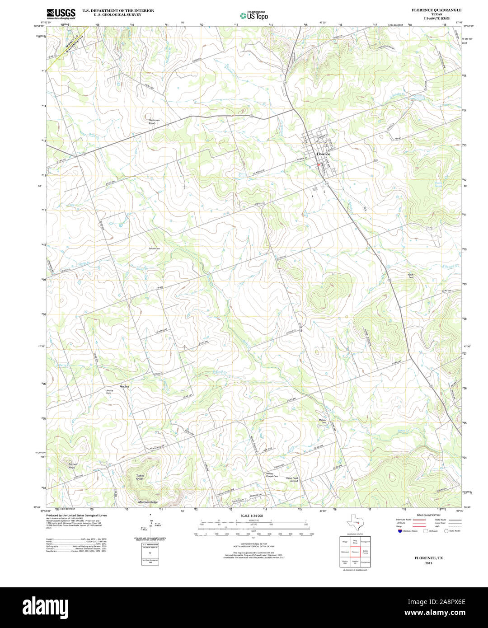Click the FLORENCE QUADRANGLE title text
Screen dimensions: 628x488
pyautogui.click(x=430, y=10)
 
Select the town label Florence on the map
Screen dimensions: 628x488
pyautogui.click(x=323, y=154)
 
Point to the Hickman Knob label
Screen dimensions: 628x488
pyautogui.click(x=154, y=122)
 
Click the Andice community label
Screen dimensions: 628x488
pyautogui.click(x=124, y=387)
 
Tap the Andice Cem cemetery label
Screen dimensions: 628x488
pyautogui.click(x=109, y=392)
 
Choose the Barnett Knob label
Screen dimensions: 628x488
pyautogui.click(x=72, y=465)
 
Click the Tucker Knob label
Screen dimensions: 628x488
pyautogui.click(x=140, y=477)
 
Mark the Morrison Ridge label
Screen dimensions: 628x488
pyautogui.click(x=148, y=502)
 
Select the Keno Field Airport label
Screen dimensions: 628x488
pyautogui.click(x=292, y=479)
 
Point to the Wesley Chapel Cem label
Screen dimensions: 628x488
pyautogui.click(x=272, y=475)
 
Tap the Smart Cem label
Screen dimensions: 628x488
pyautogui.click(x=155, y=248)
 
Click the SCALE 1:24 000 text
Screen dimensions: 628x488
pyautogui.click(x=252, y=516)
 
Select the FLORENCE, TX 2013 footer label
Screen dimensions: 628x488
pyautogui.click(x=429, y=560)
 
